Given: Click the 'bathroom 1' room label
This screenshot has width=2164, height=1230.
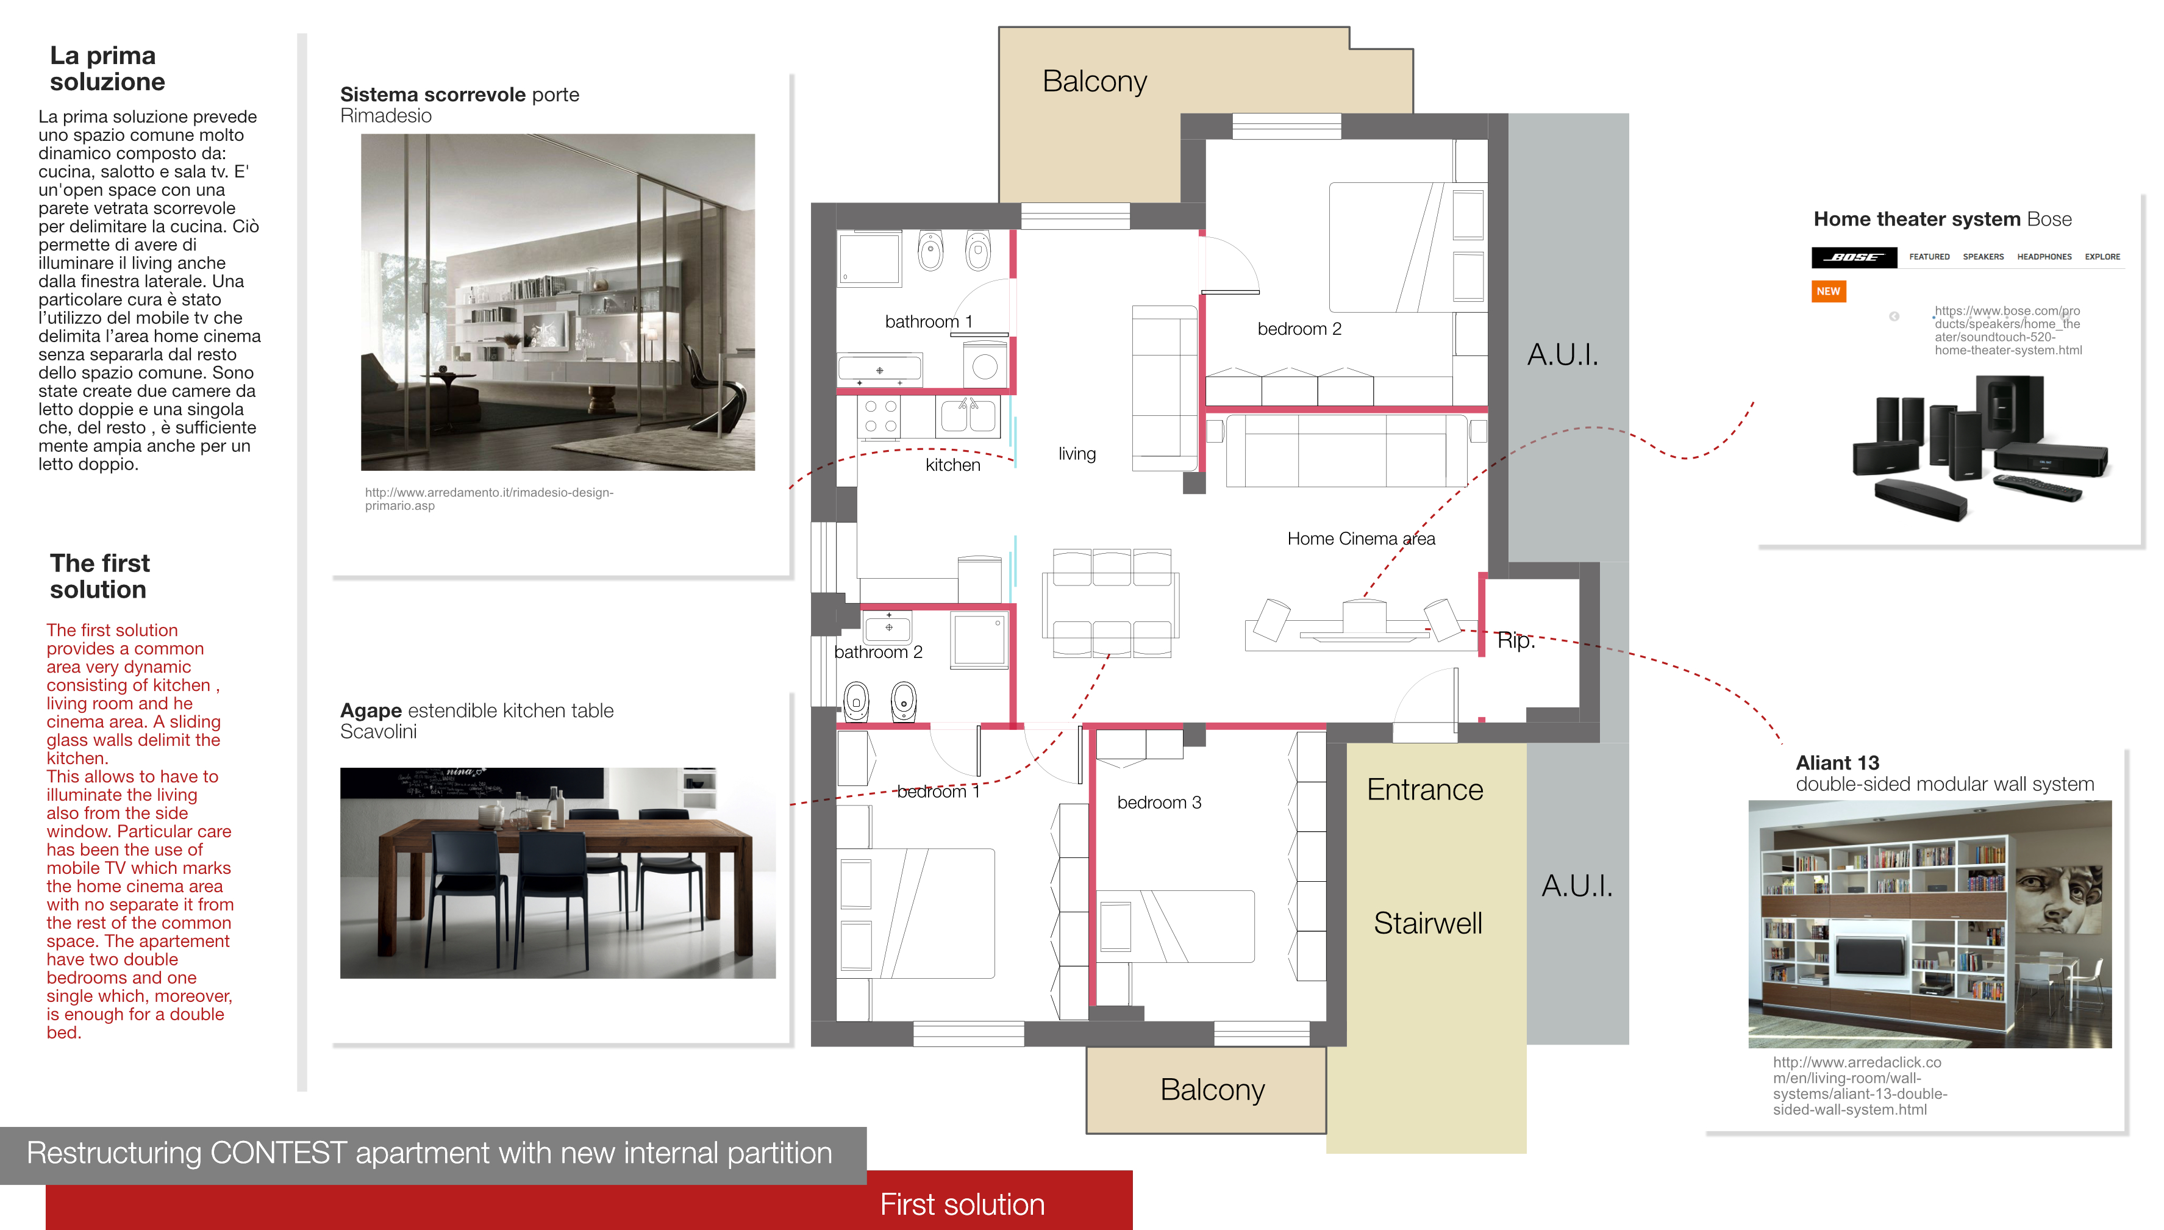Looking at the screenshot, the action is click(x=928, y=322).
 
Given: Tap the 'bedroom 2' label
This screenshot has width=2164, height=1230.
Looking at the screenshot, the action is click(x=1299, y=329).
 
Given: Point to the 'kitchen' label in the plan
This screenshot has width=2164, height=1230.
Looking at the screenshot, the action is click(x=953, y=465).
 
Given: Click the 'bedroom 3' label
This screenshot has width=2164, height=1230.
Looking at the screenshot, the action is click(x=1159, y=803).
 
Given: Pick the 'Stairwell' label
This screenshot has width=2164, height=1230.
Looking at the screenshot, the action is click(x=1427, y=923).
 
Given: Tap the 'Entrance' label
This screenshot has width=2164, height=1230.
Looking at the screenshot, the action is click(x=1425, y=790).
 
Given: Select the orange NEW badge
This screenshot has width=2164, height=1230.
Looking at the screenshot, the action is click(x=1828, y=291).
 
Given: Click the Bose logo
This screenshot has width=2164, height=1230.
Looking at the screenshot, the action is click(x=1854, y=257).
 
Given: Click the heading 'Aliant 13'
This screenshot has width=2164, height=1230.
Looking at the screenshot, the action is click(x=1837, y=763).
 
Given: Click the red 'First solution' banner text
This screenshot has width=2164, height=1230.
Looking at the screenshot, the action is click(x=962, y=1204).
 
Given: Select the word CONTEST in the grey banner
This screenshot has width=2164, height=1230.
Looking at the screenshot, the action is click(x=279, y=1153).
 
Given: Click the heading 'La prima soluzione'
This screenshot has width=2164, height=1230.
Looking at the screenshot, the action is click(x=107, y=68).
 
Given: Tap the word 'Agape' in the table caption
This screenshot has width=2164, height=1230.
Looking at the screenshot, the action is click(x=371, y=711).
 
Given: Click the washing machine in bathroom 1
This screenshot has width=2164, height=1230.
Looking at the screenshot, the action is click(x=985, y=365).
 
